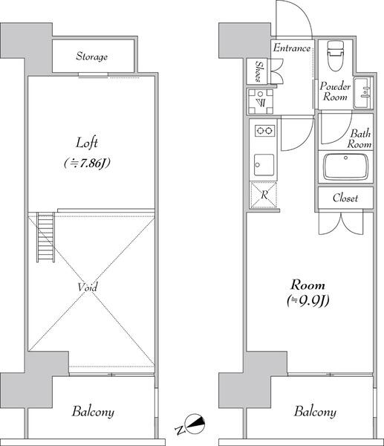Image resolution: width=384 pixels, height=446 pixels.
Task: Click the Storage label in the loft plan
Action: (91, 56)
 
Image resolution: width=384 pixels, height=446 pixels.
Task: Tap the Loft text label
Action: (87, 143)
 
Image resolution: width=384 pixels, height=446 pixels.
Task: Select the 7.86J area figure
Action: (87, 164)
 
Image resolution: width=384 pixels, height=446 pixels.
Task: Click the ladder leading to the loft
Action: (45, 238)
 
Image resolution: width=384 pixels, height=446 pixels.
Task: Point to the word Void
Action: (88, 287)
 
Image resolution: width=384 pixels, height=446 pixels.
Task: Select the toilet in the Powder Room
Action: (336, 56)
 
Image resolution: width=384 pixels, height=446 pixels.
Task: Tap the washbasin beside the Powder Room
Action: (362, 93)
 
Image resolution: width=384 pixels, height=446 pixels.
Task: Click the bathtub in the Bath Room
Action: (345, 167)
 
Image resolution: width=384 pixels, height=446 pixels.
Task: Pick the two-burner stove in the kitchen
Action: (264, 131)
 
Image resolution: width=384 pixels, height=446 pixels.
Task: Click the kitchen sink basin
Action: (264, 165)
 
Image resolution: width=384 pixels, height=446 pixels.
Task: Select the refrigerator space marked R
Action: (263, 195)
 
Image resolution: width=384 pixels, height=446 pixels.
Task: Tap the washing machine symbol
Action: (261, 101)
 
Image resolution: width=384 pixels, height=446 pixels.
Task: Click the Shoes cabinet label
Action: (258, 71)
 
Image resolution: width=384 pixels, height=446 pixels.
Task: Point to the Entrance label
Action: (292, 48)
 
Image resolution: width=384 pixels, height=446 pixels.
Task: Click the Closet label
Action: (345, 198)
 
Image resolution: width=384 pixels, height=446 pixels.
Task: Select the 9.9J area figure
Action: (307, 300)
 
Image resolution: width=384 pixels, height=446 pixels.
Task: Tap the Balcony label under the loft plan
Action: (93, 412)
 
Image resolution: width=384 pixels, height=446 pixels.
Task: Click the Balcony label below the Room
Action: (315, 411)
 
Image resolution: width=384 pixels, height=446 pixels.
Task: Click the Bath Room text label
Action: (359, 138)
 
